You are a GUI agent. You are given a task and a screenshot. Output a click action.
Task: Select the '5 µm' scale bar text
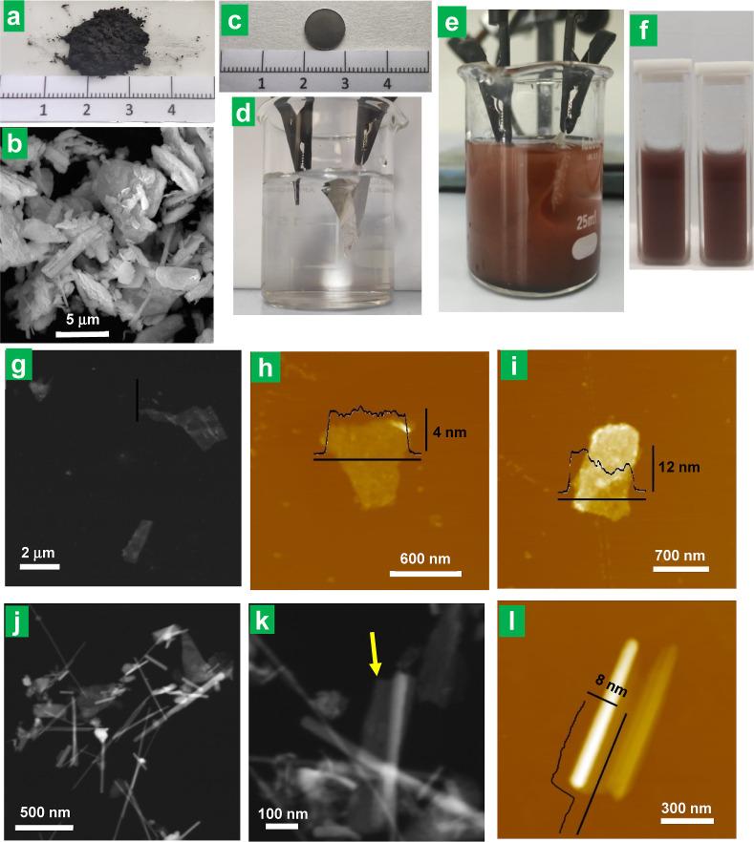click(83, 320)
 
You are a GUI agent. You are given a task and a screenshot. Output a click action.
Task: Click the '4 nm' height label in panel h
click(449, 432)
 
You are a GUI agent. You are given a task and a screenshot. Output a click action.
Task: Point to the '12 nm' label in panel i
click(679, 467)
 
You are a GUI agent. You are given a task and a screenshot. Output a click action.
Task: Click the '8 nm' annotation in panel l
click(612, 685)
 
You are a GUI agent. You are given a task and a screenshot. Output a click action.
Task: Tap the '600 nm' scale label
click(425, 558)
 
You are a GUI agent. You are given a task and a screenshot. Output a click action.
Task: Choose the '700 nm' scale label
click(679, 555)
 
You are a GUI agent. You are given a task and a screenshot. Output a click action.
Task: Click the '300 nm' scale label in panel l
click(686, 809)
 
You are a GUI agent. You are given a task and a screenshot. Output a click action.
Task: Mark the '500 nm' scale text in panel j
click(45, 811)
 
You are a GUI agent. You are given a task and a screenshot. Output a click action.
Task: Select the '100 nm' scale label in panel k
click(283, 813)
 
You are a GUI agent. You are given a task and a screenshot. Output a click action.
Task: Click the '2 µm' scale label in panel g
click(38, 553)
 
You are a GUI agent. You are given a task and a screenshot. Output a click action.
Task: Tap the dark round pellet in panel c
click(324, 30)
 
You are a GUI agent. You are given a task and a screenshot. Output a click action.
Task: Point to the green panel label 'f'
click(643, 31)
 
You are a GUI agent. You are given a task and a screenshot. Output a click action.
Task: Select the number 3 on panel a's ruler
click(129, 110)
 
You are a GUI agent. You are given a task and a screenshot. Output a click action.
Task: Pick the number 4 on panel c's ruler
click(387, 83)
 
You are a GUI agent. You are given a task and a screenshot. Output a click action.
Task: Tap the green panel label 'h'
click(265, 368)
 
